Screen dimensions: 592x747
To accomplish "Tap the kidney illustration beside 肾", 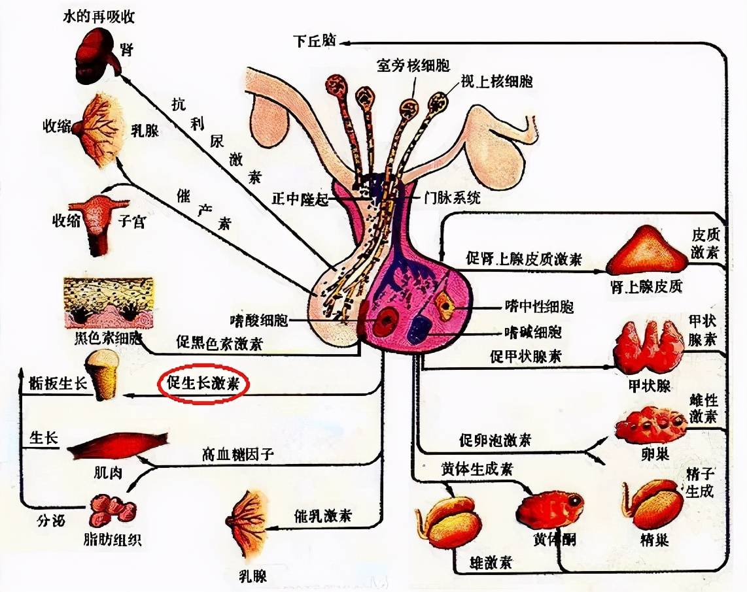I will [96, 58].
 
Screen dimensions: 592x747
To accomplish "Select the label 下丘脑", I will [315, 41].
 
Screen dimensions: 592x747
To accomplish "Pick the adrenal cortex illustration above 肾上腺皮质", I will [646, 252].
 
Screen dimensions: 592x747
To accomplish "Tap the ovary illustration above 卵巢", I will [650, 424].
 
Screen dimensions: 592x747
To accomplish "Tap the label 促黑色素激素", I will [217, 341].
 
